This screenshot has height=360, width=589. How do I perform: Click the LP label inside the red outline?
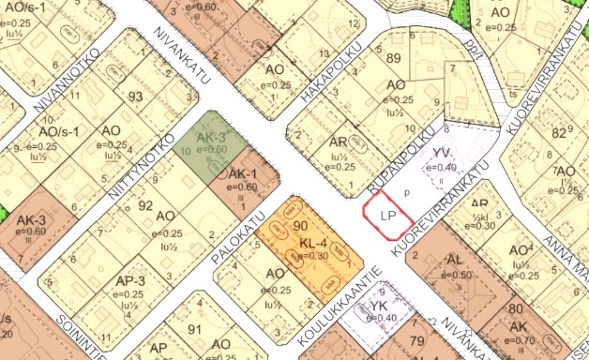click(387, 215)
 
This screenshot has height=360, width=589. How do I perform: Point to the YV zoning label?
click(443, 152)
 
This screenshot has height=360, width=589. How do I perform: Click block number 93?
click(137, 97)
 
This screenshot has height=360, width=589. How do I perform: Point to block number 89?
click(393, 60)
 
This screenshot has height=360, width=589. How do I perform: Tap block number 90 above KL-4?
click(301, 226)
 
